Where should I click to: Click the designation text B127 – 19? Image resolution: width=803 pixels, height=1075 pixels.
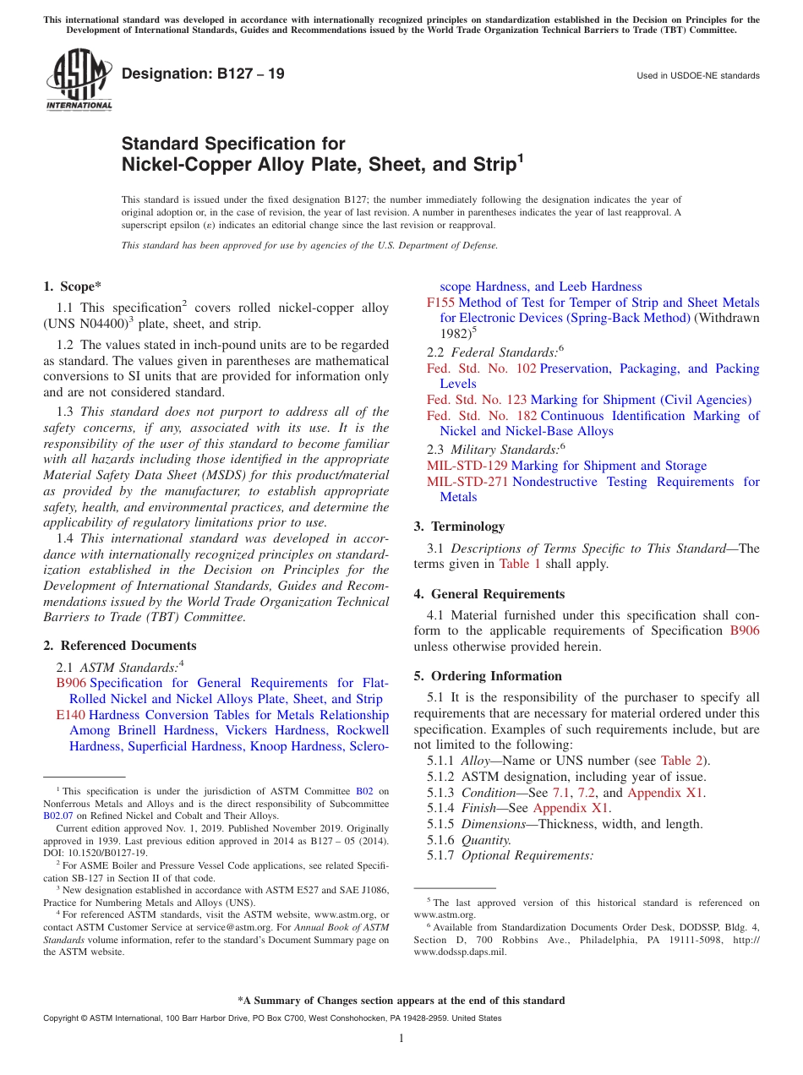point(203,74)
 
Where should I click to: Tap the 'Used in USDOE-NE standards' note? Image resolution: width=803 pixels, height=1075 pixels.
point(697,76)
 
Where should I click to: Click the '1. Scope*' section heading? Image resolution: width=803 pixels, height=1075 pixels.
point(72,286)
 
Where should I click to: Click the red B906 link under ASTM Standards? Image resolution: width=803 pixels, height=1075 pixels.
point(71,683)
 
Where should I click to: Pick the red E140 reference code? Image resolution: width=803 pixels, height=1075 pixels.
point(70,715)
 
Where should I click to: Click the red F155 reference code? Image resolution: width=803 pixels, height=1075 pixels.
point(440,303)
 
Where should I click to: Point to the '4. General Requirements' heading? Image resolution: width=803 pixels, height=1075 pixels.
point(489,594)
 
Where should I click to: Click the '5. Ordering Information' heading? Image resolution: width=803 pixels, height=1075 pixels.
point(488,676)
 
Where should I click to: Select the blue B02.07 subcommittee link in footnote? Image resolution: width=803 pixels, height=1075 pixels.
point(58,816)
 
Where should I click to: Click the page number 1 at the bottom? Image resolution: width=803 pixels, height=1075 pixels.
point(401,1039)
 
